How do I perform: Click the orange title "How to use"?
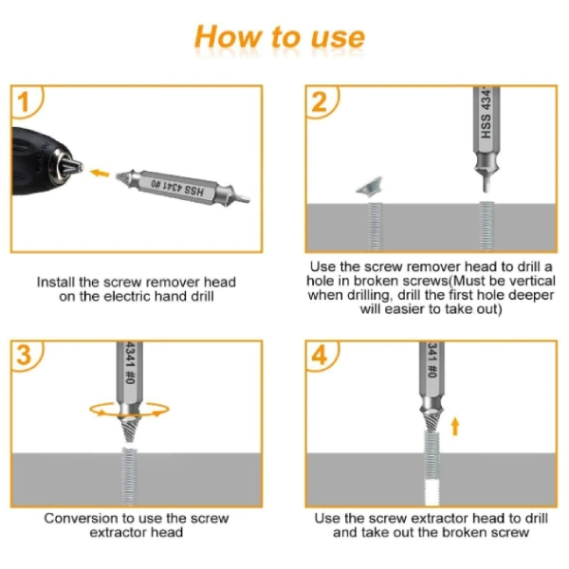280,37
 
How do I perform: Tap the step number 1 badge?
25,102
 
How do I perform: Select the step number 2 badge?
320,102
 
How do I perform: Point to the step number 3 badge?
25,356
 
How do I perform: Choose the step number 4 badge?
320,356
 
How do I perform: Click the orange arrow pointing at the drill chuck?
99,174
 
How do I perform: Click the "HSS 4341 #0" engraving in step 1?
177,188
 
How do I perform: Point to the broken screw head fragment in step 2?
370,186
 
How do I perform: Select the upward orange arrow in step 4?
455,426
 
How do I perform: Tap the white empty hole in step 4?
431,492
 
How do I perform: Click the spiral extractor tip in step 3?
130,429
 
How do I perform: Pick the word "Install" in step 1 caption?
56,283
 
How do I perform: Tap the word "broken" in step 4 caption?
465,533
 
